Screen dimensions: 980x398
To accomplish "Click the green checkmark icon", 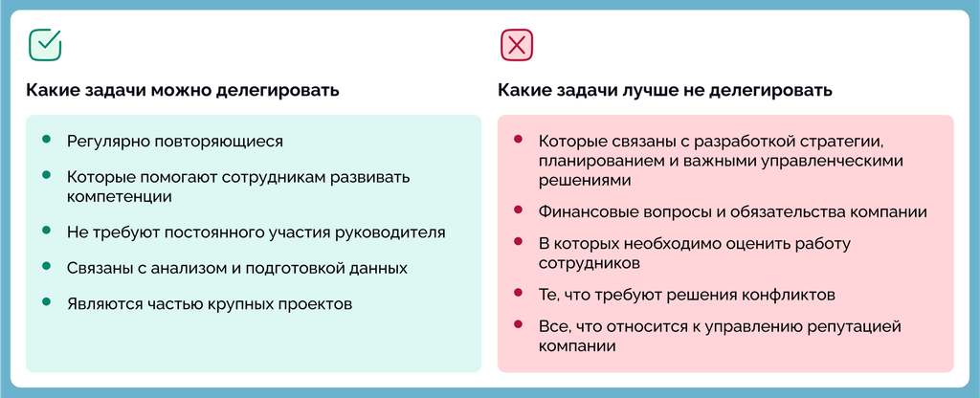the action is pos(45,44).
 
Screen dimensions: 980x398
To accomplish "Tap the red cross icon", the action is pos(516,45).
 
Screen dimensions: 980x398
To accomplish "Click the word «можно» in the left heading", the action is pos(179,90).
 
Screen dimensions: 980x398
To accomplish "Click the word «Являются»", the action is pos(104,305).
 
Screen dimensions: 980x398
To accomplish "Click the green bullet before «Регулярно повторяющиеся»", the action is pos(46,139).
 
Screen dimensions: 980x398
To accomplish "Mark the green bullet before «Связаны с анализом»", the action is pos(46,266).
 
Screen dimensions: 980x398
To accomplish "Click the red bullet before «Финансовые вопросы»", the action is pos(518,210).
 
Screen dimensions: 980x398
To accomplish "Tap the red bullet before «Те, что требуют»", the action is pos(518,292).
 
